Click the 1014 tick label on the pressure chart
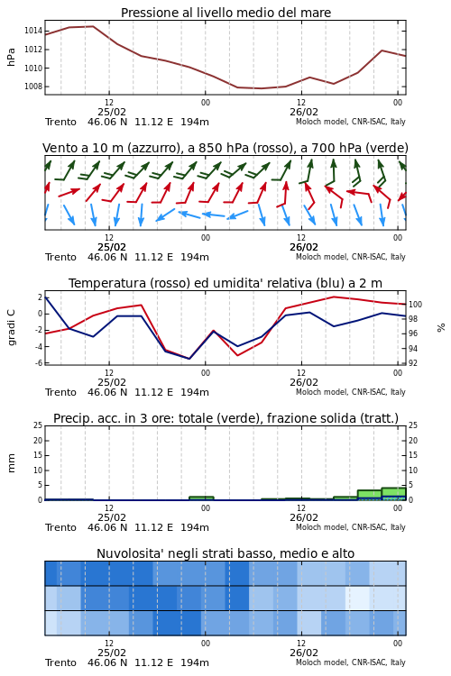[x=32, y=31]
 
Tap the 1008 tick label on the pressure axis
[x=32, y=87]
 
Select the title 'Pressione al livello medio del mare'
[x=225, y=13]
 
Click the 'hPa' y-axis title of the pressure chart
[x=11, y=57]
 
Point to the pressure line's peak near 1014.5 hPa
[x=93, y=26]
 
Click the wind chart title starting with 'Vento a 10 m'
[x=225, y=149]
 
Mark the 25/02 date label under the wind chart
[x=112, y=248]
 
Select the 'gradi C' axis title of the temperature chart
[x=12, y=327]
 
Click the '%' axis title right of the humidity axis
[x=441, y=328]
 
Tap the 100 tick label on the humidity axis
[x=415, y=305]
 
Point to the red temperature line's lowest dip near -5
[x=237, y=355]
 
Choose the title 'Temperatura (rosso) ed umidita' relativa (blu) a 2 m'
[x=225, y=283]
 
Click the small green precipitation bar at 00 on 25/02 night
[x=201, y=498]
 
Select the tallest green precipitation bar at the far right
[x=393, y=494]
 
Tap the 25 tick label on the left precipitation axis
[x=38, y=425]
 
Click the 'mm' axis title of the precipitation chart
[x=11, y=463]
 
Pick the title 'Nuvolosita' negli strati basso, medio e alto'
[x=225, y=553]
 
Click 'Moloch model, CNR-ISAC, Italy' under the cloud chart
[x=351, y=662]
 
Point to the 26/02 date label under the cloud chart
[x=304, y=653]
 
